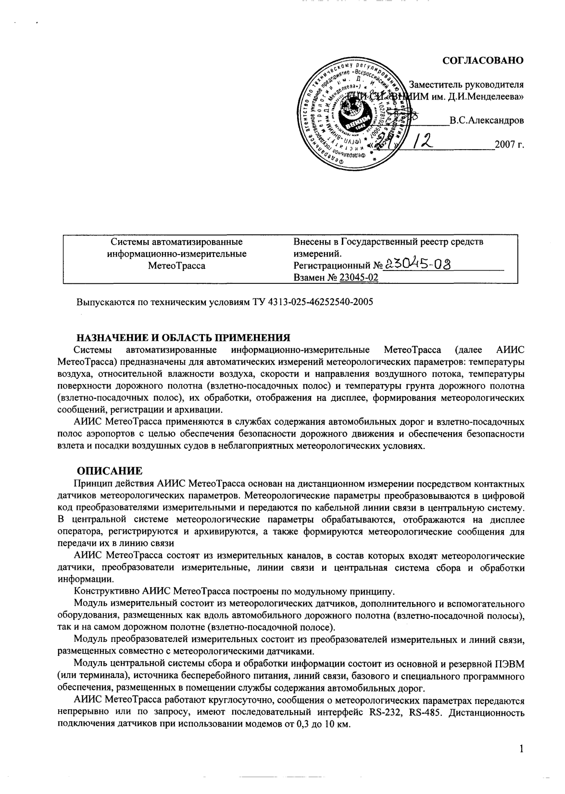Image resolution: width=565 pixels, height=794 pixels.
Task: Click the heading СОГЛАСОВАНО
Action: [482, 61]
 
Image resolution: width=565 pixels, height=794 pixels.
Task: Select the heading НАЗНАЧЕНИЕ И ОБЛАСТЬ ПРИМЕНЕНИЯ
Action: [185, 336]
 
